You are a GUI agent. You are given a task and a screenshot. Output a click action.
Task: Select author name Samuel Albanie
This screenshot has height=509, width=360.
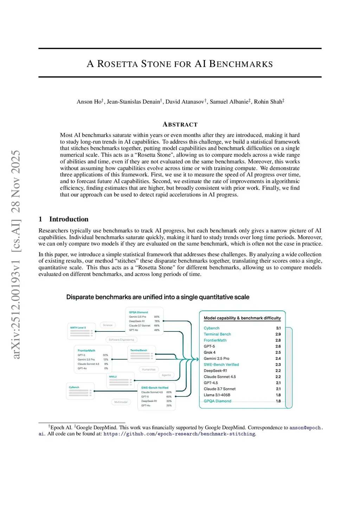(x=230, y=102)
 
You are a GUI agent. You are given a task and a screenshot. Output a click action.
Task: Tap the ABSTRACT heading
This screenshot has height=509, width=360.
(x=180, y=124)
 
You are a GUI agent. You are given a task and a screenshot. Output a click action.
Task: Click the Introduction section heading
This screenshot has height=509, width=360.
(x=69, y=219)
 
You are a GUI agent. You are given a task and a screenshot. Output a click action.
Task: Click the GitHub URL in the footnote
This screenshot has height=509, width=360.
(x=179, y=434)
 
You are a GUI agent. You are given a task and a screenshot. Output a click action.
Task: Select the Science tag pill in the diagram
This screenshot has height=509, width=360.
(x=108, y=325)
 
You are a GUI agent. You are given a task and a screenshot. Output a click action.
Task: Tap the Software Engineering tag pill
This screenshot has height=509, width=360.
(x=121, y=340)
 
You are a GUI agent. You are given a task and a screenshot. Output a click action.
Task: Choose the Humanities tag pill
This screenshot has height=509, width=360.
(x=149, y=369)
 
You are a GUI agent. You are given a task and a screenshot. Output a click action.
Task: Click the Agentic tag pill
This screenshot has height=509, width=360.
(x=166, y=375)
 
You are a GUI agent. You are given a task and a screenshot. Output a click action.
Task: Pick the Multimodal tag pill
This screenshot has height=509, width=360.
(x=121, y=402)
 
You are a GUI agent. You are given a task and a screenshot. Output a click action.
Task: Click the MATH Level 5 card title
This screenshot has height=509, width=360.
(x=78, y=328)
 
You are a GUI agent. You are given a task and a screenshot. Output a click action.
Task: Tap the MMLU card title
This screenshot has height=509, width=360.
(x=113, y=376)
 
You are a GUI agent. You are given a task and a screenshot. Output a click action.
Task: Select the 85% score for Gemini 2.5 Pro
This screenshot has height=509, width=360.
(x=157, y=317)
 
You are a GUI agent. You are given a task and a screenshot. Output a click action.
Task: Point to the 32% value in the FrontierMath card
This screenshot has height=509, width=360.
(x=105, y=355)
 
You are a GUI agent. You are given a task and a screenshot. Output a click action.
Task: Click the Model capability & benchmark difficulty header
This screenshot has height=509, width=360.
(x=242, y=318)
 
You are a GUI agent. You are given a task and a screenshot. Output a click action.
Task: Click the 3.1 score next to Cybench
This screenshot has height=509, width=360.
(x=278, y=328)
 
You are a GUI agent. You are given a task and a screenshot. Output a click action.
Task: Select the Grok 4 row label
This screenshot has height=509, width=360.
(x=210, y=352)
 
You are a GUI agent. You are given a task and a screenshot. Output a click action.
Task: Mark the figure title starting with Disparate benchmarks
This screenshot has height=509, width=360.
(x=158, y=297)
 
